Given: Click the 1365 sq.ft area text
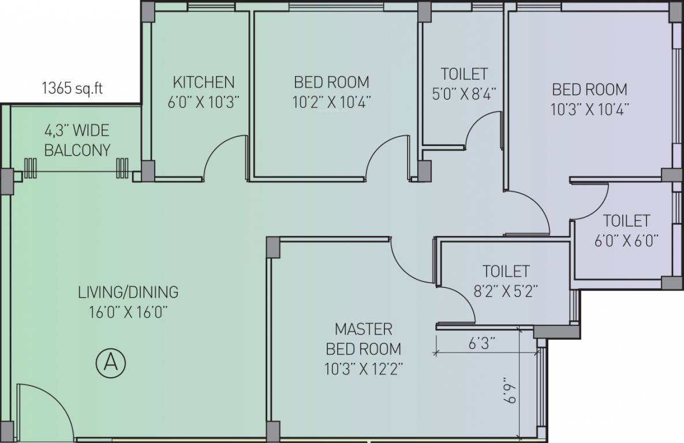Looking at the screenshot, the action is pos(72,88).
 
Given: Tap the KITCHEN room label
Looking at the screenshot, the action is pos(204,82).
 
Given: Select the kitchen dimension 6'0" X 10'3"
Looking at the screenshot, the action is pos(204,102).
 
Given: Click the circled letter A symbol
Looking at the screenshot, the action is pos(111,362).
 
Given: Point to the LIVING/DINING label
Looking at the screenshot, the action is pos(128,292).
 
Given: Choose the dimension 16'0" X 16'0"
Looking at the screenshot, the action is pos(129,312).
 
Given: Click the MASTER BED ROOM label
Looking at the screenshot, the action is pos(364,339).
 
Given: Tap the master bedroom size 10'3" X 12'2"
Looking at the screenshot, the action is pos(364,369).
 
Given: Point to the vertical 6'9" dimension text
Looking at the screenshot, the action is pos(509,391).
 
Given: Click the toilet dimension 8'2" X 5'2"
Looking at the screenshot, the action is pos(506,291).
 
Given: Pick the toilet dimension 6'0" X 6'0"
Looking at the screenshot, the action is pos(626,241).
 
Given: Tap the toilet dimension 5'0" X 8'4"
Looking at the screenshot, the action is pos(464,94).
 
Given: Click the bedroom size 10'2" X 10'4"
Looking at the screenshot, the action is pos(331,102).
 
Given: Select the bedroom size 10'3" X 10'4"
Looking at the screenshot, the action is pos(590,109).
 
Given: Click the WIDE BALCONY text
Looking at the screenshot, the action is pos(77,140).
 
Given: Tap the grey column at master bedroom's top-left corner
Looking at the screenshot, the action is pos(273,247).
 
